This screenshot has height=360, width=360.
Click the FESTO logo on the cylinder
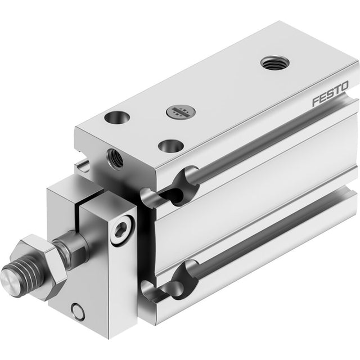[330, 94]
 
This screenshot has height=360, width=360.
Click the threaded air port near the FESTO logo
[275, 62]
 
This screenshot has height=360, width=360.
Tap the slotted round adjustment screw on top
[181, 112]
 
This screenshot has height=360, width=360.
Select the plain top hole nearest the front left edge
[117, 117]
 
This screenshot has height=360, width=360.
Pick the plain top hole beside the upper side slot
[171, 146]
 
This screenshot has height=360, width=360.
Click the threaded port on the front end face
[115, 159]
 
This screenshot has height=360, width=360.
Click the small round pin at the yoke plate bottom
[78, 312]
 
